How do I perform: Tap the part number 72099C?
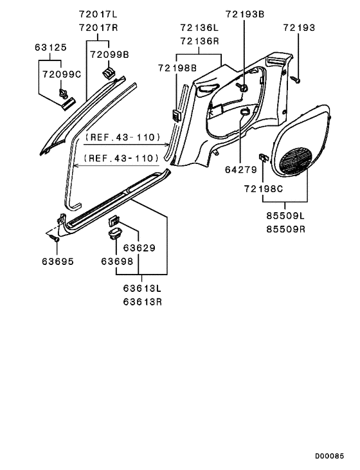(63, 75)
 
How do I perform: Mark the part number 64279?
(240, 170)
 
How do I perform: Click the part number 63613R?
(139, 302)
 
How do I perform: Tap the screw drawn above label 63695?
(54, 238)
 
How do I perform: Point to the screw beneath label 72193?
(296, 80)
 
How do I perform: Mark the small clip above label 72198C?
(264, 157)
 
